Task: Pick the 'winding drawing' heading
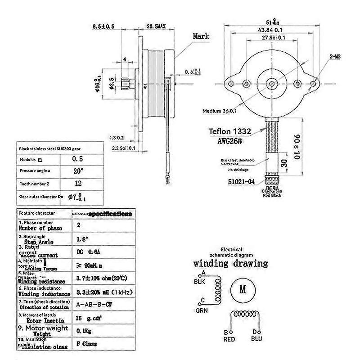click(230, 263)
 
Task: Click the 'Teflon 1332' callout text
click(229, 132)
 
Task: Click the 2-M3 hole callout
click(335, 57)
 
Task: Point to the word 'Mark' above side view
click(201, 36)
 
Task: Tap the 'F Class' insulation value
click(87, 344)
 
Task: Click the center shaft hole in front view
click(272, 84)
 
